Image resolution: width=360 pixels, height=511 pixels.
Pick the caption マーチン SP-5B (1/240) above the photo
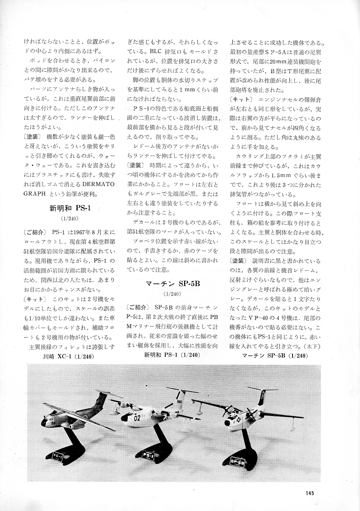coord(275,356)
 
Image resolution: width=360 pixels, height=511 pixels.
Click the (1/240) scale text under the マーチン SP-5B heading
coord(172,294)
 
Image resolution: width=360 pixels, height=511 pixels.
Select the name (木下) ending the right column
coord(314,346)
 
